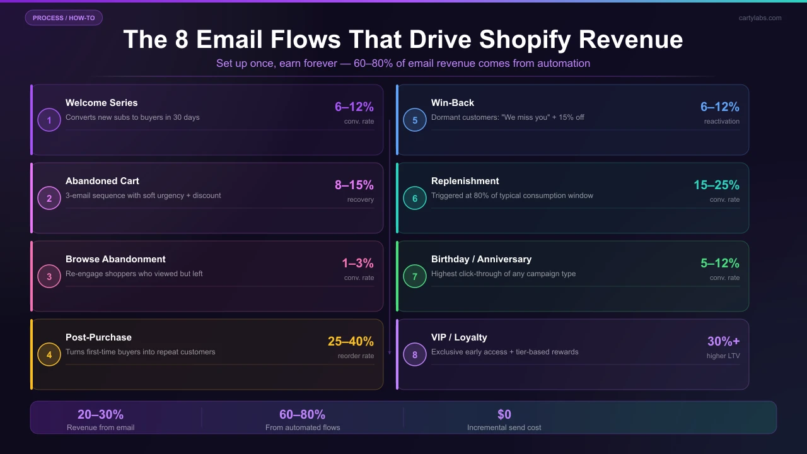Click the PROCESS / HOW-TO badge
pos(64,18)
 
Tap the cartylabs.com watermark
pos(760,18)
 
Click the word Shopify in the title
pos(525,39)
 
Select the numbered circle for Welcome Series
pos(49,120)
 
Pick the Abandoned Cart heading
pos(102,181)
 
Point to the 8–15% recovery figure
pos(354,185)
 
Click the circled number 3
pos(49,276)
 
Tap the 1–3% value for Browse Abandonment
pos(359,264)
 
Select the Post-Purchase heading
pos(98,337)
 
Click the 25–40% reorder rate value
pos(351,342)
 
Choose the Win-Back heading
pos(453,103)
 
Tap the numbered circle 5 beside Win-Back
pos(415,120)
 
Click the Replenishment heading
pos(465,181)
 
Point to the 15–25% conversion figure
pos(716,185)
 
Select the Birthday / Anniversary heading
pos(481,259)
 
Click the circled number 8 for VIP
pos(415,354)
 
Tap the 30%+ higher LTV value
pos(723,342)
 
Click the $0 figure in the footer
pos(504,414)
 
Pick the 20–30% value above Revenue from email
pos(101,414)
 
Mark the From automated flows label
pos(303,428)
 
